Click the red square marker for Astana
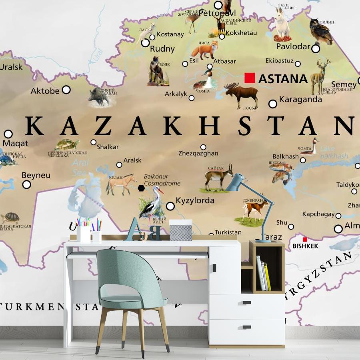tap(250, 78)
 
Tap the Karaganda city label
tap(300, 99)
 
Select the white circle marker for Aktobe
tap(66, 90)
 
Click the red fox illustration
tap(204, 50)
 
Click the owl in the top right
tap(321, 32)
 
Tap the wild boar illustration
tap(99, 96)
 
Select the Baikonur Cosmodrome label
tap(162, 180)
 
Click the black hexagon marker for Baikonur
tap(141, 188)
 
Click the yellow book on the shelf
tap(267, 276)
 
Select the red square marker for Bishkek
tap(305, 239)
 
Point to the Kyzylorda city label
tap(195, 200)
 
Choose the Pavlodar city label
tap(293, 46)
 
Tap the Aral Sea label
tap(80, 167)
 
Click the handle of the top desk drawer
tap(246, 303)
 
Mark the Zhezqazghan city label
tap(198, 153)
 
